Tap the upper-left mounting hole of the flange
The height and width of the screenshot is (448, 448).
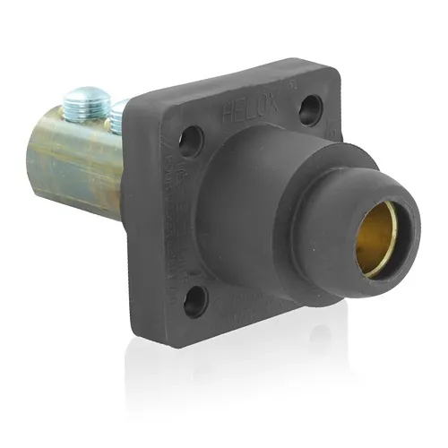(x=190, y=141)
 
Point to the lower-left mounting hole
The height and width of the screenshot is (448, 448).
(x=194, y=301)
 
